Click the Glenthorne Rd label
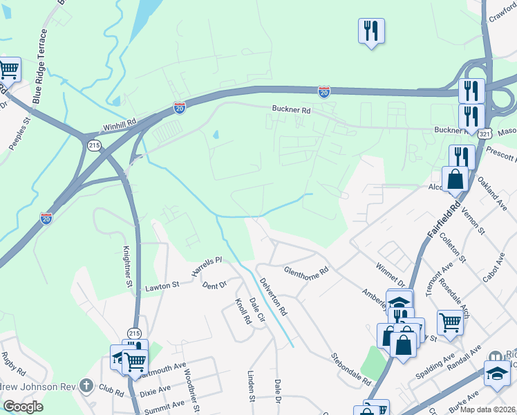305,273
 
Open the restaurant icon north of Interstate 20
371,31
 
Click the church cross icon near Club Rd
86,384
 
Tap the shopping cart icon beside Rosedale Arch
450,322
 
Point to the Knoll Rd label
242,311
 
